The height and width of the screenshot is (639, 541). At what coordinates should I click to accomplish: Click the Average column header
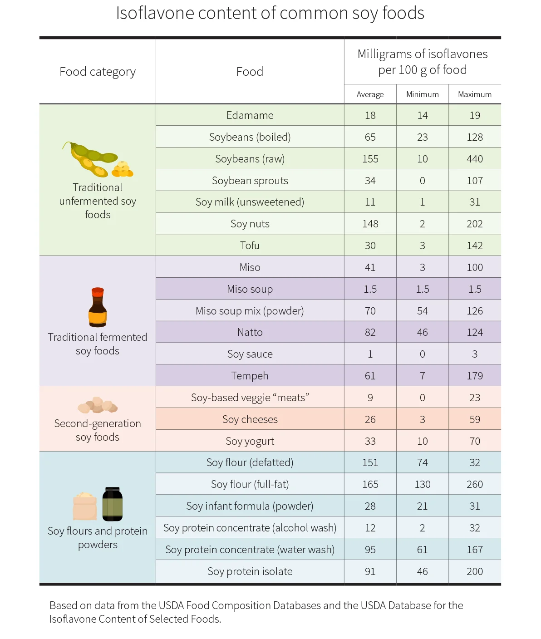coord(370,94)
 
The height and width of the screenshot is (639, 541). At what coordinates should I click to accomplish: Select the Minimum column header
coord(422,94)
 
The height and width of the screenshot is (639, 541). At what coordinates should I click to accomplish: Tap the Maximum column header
coord(475,94)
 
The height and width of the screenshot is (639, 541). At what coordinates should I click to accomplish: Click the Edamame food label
coord(250,115)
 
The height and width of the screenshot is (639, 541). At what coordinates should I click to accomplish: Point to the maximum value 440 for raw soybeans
coord(475,158)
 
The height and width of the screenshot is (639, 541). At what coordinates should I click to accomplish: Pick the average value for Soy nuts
coord(370,223)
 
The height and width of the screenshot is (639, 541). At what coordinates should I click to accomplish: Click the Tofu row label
coord(250,245)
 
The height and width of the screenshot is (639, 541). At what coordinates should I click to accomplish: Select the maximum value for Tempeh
coord(475,376)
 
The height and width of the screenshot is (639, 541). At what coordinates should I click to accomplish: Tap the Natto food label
coord(250,332)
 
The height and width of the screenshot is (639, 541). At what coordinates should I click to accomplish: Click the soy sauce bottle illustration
coord(98,307)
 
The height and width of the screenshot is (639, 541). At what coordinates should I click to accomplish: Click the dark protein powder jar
coord(112,504)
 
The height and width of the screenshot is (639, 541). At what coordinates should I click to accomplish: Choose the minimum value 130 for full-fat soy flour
coord(422,484)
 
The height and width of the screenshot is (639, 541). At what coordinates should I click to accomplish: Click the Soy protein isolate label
coord(250,571)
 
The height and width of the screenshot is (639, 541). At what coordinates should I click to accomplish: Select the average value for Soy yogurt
coord(370,441)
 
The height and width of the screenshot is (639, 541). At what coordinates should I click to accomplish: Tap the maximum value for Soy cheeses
coord(475,419)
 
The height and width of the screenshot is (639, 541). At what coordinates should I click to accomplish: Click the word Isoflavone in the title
coord(155,13)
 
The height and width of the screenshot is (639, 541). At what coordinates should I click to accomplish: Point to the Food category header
coord(98,72)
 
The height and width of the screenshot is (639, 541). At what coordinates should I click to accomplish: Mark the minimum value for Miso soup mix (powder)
coord(422,311)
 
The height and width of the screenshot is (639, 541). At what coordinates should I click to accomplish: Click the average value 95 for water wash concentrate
coord(370,549)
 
